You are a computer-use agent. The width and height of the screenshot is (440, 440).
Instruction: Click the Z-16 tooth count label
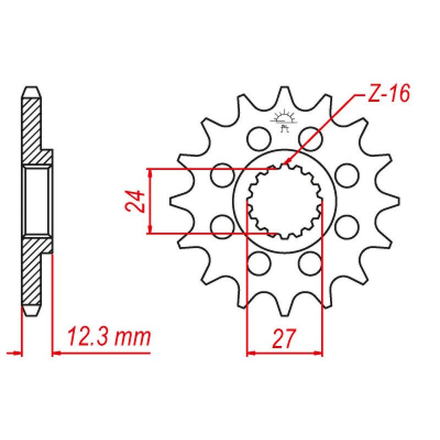tap(387, 93)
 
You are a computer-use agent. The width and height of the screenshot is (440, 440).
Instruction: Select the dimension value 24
tap(138, 201)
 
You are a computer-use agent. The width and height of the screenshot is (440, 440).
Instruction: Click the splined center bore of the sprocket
tap(284, 201)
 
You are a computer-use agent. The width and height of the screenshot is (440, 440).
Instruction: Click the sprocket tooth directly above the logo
tap(283, 96)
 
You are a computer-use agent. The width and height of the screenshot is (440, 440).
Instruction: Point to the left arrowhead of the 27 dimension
tap(250, 354)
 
